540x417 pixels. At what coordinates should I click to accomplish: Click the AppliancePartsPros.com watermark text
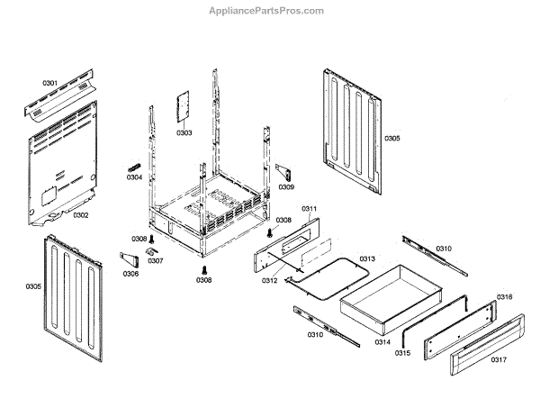269,10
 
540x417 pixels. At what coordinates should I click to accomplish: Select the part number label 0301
50,84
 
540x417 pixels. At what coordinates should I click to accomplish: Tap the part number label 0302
80,215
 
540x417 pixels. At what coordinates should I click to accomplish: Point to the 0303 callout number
184,132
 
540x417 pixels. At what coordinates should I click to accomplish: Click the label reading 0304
134,177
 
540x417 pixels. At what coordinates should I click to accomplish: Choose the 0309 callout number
285,187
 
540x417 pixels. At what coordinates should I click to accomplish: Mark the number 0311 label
309,209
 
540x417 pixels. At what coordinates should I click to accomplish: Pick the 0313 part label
367,258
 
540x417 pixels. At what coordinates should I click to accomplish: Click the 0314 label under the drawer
382,342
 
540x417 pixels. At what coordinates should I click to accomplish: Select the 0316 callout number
505,297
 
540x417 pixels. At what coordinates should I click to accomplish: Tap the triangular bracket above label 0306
130,260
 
